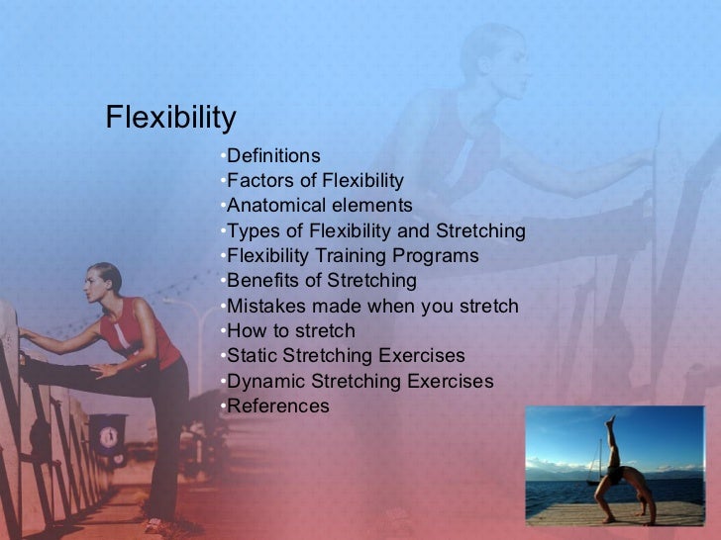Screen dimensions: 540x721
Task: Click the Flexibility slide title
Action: [x=170, y=119]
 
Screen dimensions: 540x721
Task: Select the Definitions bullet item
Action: [x=273, y=155]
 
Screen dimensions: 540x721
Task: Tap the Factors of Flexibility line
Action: [x=315, y=180]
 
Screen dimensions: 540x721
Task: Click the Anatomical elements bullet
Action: [x=319, y=206]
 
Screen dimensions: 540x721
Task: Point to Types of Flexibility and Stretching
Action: [x=375, y=231]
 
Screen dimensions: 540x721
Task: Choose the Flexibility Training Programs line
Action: [x=353, y=256]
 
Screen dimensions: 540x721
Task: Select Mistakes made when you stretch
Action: [x=372, y=307]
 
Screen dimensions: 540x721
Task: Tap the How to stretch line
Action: [x=290, y=331]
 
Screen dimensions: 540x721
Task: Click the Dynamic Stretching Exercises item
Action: [x=360, y=382]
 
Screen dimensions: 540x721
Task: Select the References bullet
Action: [x=278, y=406]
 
